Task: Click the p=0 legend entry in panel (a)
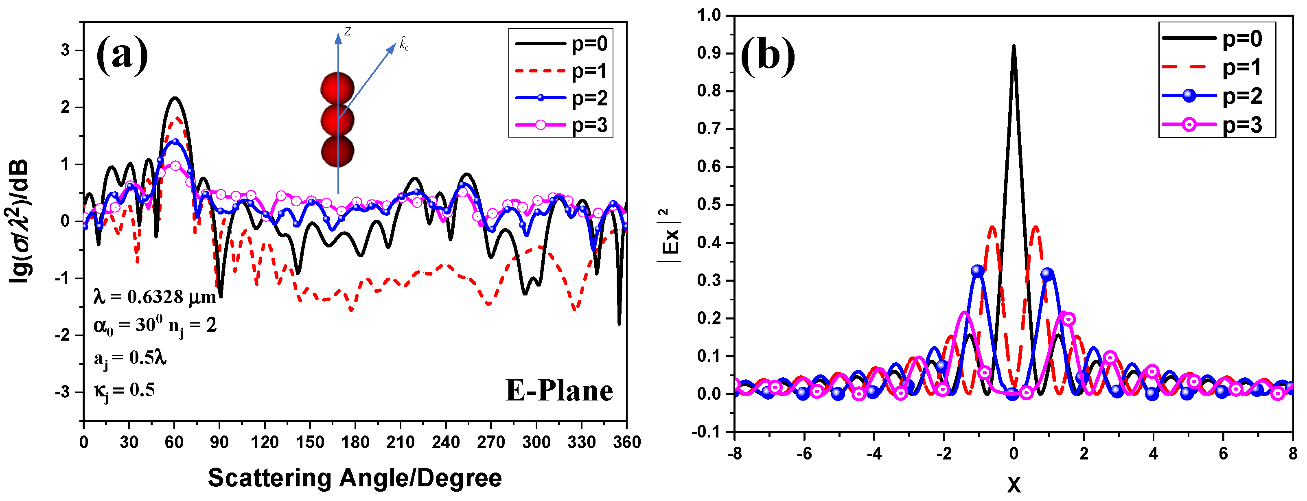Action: tap(561, 44)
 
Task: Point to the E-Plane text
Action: tap(559, 391)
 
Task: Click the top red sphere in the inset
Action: tap(337, 88)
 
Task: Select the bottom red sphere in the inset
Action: tap(337, 151)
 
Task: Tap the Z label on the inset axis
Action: tap(348, 32)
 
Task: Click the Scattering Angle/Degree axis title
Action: tap(355, 478)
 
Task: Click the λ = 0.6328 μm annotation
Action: tap(155, 297)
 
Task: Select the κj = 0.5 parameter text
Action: tap(124, 390)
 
